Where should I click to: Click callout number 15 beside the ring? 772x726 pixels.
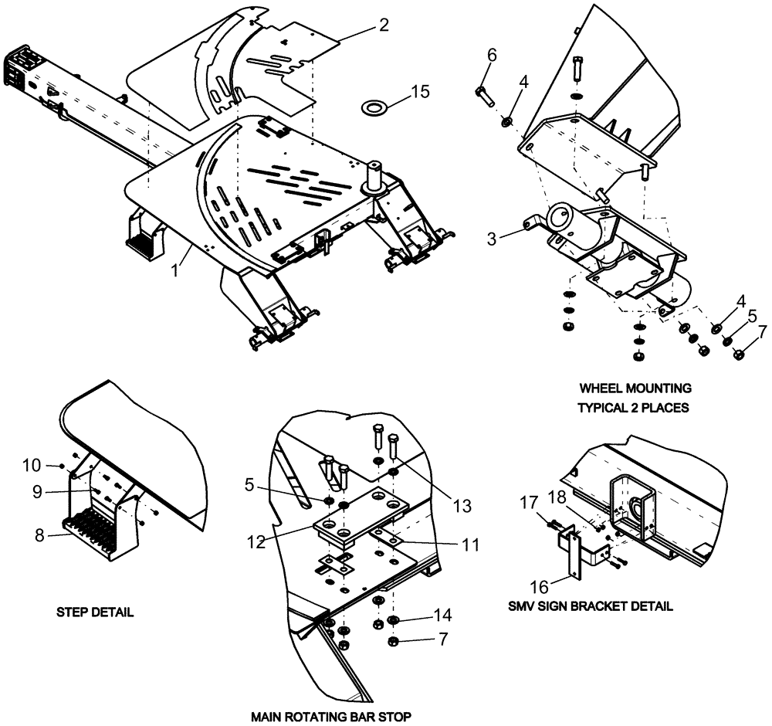(420, 92)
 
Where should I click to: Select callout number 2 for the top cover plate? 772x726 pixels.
(384, 25)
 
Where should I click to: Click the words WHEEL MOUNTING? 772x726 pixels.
(635, 388)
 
